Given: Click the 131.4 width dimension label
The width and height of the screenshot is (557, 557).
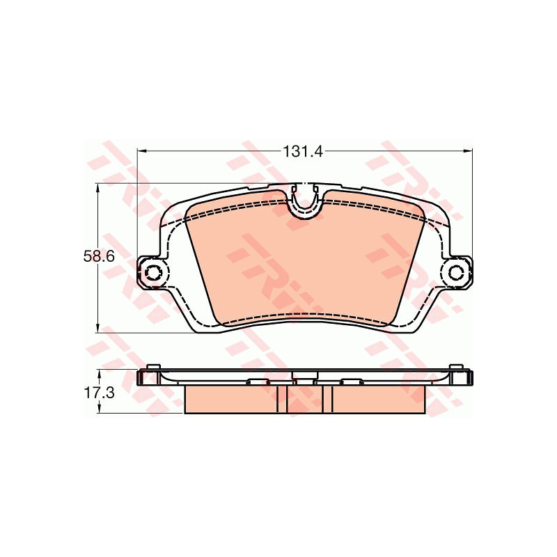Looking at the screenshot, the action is (x=303, y=152).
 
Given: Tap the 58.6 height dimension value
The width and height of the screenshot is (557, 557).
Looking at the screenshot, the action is (x=99, y=256).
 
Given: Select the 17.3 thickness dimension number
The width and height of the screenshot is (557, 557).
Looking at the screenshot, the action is (x=99, y=393).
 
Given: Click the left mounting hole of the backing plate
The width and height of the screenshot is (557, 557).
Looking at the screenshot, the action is (x=153, y=273).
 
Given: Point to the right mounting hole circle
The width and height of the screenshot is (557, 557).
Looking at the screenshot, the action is (x=456, y=273).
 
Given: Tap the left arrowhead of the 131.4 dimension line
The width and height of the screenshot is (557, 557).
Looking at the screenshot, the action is (x=141, y=151).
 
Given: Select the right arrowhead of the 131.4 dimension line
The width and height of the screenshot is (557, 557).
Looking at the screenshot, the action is (x=468, y=151).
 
